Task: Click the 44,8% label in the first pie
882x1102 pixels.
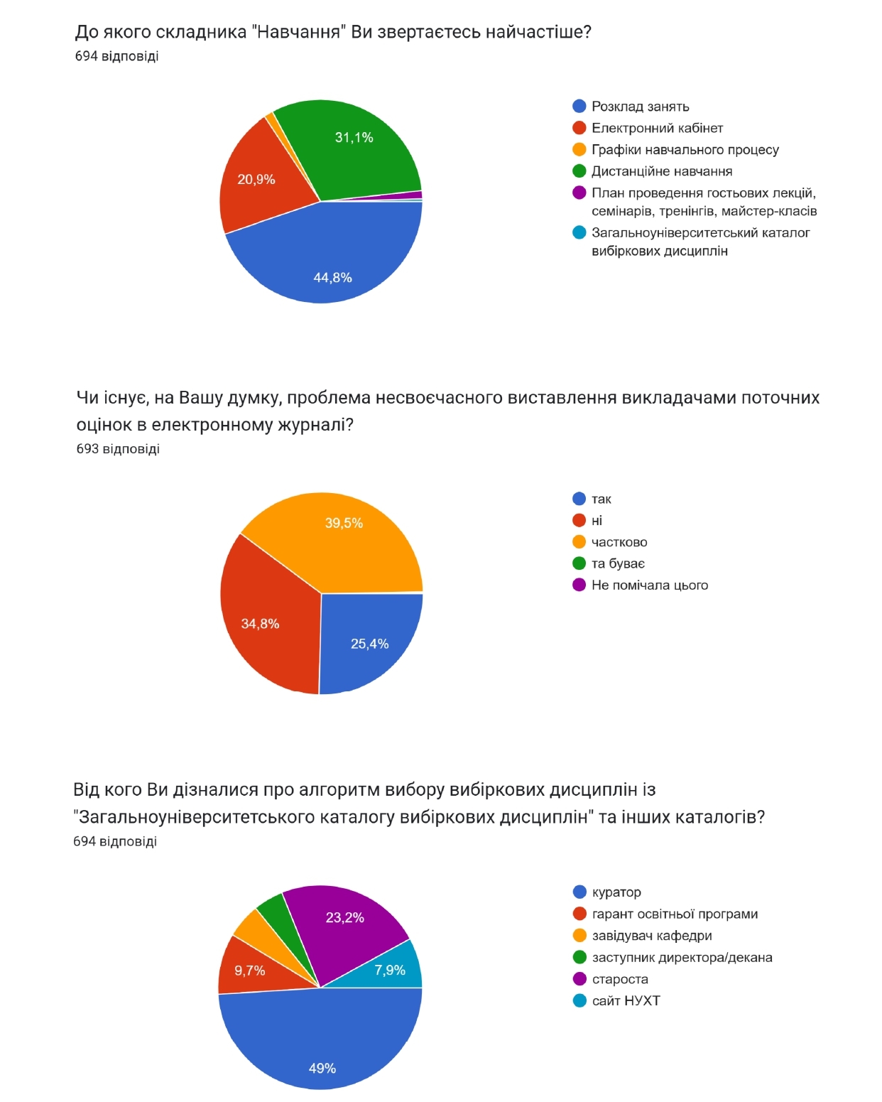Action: [x=332, y=278]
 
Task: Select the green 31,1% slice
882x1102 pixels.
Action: [x=355, y=153]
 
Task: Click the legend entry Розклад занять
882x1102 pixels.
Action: [x=640, y=107]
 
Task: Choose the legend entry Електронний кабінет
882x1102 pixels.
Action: [x=657, y=128]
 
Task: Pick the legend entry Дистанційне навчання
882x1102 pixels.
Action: [x=661, y=171]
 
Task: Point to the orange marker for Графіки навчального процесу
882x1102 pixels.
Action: [x=579, y=150]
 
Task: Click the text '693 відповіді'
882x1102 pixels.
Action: [x=118, y=449]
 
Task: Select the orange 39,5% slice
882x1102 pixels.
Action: [x=341, y=540]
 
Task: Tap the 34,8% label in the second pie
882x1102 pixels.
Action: [x=260, y=624]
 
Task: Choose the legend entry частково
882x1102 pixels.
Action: [x=619, y=542]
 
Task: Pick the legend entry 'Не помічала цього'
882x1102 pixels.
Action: [x=649, y=585]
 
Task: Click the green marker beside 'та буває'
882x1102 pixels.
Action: [x=579, y=563]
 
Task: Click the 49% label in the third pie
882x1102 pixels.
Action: [x=322, y=1068]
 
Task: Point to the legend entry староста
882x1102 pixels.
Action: [x=619, y=979]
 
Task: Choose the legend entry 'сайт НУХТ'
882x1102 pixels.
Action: [x=626, y=1000]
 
